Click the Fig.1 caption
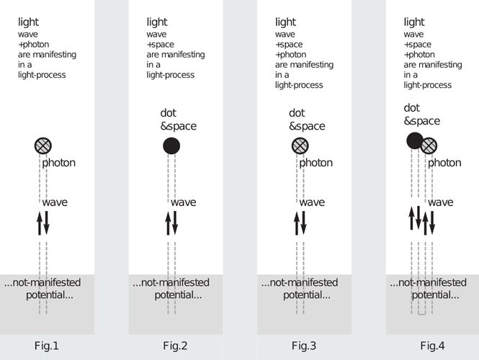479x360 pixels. (x=46, y=346)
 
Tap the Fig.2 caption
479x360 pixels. (x=175, y=346)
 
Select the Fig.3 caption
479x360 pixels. (x=304, y=346)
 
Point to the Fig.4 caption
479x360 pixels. (x=432, y=346)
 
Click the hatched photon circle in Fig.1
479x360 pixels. (x=42, y=145)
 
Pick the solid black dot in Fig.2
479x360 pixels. (x=171, y=145)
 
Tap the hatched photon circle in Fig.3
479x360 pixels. (x=300, y=145)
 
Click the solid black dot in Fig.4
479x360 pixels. (x=415, y=141)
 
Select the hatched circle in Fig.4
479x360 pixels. (x=429, y=145)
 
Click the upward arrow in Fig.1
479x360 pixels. (x=40, y=224)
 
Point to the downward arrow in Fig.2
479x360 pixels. (x=175, y=223)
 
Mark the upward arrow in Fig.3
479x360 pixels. (x=297, y=224)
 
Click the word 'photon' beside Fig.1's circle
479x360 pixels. (x=58, y=163)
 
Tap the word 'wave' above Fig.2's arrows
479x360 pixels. (x=183, y=202)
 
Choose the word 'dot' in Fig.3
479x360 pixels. (x=297, y=112)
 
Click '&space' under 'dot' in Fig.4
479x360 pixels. (x=422, y=121)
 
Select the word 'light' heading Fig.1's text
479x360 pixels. (x=28, y=22)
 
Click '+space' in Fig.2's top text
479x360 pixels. (x=161, y=45)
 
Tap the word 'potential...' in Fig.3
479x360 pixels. (x=307, y=295)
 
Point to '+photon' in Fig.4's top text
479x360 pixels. (x=419, y=55)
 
